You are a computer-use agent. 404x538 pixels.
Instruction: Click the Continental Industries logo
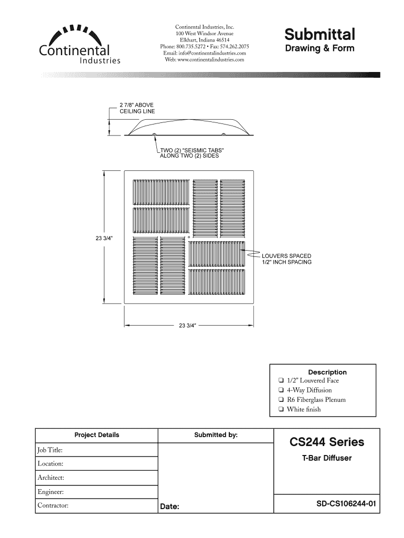(x=79, y=44)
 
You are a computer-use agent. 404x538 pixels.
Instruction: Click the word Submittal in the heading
(x=320, y=35)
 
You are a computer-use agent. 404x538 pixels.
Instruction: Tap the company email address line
(x=205, y=53)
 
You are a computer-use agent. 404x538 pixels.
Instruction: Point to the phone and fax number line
(x=205, y=46)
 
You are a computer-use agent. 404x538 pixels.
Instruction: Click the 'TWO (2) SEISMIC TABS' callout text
(x=191, y=153)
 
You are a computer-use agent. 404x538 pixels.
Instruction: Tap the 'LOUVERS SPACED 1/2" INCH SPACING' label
(x=286, y=259)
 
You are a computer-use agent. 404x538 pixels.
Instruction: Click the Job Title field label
(x=50, y=450)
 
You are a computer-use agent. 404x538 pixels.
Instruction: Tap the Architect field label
(x=51, y=478)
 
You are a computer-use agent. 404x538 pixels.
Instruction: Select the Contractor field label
(x=53, y=506)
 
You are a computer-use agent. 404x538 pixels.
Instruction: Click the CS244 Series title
(x=326, y=442)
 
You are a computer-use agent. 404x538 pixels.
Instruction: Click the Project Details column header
(x=97, y=435)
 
